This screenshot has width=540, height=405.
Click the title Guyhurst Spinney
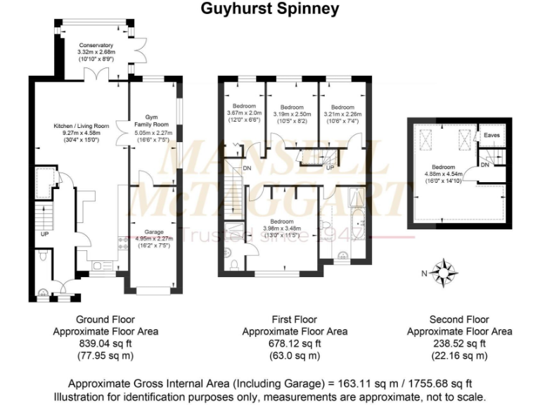click(x=270, y=9)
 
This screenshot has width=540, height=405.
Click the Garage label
click(x=153, y=231)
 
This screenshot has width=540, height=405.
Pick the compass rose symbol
click(x=445, y=271)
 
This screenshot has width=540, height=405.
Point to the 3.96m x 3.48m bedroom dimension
click(x=281, y=229)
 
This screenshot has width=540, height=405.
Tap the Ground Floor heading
click(x=105, y=319)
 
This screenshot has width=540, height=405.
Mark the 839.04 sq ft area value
click(x=105, y=344)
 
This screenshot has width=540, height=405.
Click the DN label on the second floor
click(x=484, y=165)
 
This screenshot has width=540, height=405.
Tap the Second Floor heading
click(x=460, y=319)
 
